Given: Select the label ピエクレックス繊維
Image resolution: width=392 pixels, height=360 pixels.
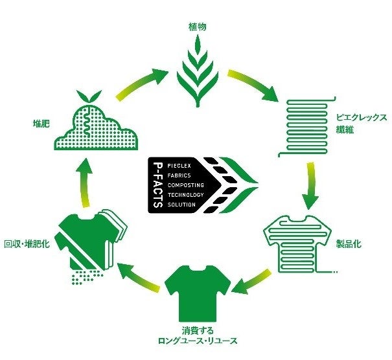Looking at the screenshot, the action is coord(361,123).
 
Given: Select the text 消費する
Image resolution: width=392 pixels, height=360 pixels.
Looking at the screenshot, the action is coord(196,329).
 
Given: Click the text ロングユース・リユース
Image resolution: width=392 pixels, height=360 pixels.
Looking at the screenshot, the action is coord(196,341).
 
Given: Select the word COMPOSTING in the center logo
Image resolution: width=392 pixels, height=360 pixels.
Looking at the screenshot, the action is coord(187,185).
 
